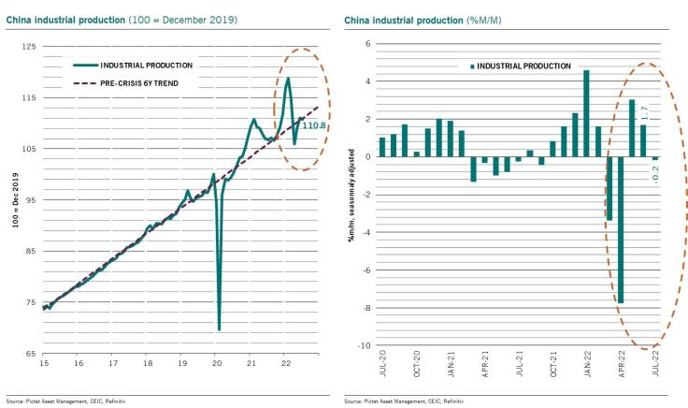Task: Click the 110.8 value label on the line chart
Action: pyautogui.click(x=313, y=124)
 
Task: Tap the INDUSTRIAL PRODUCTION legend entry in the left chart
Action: pyautogui.click(x=147, y=66)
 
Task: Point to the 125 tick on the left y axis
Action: pyautogui.click(x=29, y=46)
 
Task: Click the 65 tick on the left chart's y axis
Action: pyautogui.click(x=30, y=355)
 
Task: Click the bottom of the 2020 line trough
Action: pyautogui.click(x=220, y=328)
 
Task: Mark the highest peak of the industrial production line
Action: pyautogui.click(x=288, y=79)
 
